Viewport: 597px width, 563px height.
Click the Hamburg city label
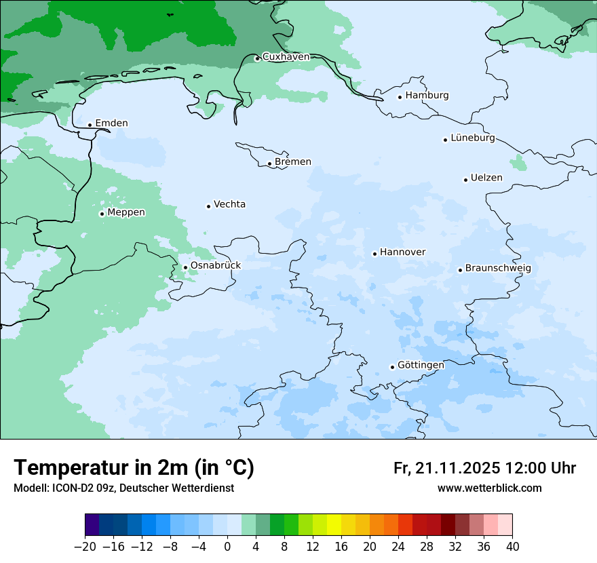tap(427, 96)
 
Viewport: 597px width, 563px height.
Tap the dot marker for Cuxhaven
tap(257, 58)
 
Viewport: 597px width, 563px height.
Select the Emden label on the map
tap(111, 123)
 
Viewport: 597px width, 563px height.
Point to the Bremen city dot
tap(269, 163)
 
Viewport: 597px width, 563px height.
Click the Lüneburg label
tap(472, 138)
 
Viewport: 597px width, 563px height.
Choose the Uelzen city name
tap(486, 178)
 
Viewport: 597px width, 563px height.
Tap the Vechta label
tap(229, 205)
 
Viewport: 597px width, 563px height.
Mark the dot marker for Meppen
tap(102, 214)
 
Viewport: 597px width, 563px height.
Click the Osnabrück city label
tap(216, 266)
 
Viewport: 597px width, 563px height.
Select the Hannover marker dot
tap(374, 254)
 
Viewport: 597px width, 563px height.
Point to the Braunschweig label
tap(497, 269)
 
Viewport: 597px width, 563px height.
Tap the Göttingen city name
tap(421, 366)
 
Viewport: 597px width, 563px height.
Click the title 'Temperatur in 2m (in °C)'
tap(134, 468)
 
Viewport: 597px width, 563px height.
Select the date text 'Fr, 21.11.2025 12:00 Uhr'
tap(484, 469)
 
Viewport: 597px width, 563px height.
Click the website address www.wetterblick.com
tap(489, 488)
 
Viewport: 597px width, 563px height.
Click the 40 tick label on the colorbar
tap(512, 547)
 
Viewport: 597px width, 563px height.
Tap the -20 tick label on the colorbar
tap(85, 547)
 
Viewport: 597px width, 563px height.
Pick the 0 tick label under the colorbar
tap(227, 547)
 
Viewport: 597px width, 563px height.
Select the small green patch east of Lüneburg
tap(519, 163)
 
